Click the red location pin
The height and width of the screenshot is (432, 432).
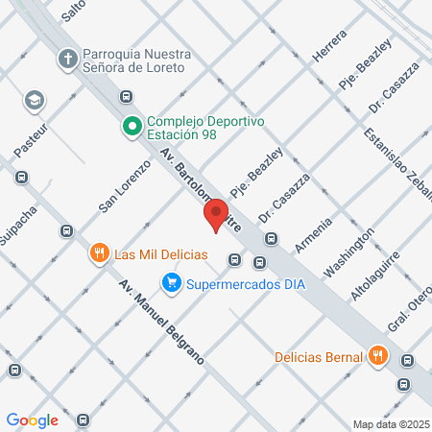[x=216, y=215]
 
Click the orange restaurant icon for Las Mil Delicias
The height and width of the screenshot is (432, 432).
[x=98, y=254]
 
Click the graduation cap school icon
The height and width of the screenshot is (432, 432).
[x=35, y=100]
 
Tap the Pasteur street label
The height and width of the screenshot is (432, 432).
[x=32, y=140]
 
